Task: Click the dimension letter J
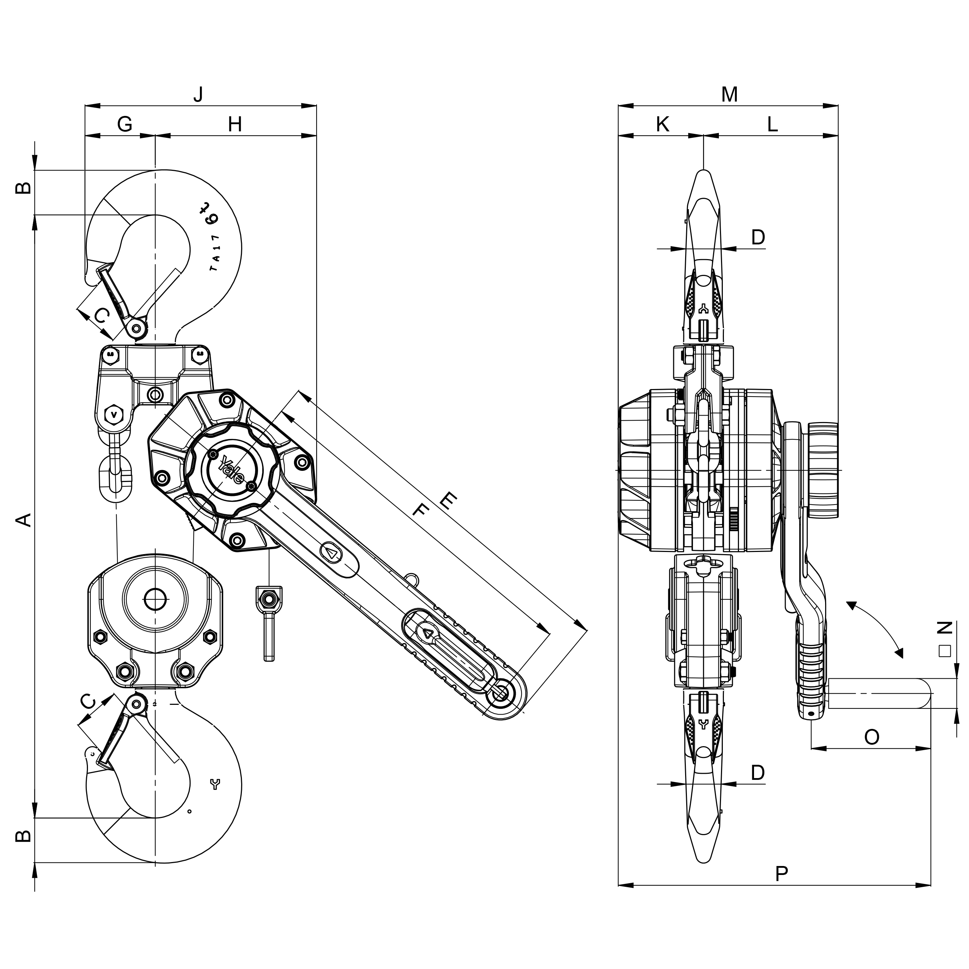(x=198, y=94)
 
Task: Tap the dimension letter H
(x=235, y=125)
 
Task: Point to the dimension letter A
(x=24, y=520)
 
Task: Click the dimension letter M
(x=729, y=94)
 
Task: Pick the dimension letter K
(x=663, y=125)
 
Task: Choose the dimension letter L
(x=772, y=125)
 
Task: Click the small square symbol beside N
(x=945, y=651)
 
